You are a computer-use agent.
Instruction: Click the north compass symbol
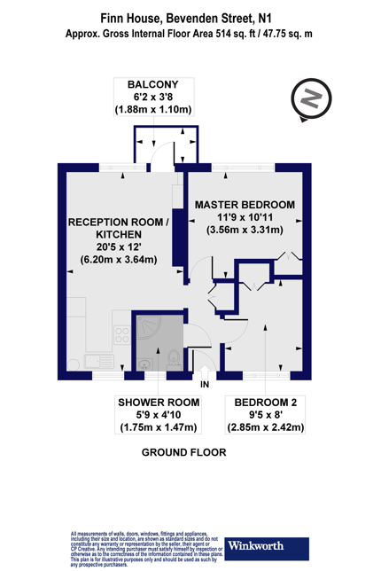[x=309, y=98]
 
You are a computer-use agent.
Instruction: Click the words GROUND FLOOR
[x=184, y=452]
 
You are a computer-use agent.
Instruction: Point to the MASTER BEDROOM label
[x=245, y=204]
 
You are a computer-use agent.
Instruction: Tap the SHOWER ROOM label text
[x=159, y=402]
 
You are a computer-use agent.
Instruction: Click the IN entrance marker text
[x=206, y=384]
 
